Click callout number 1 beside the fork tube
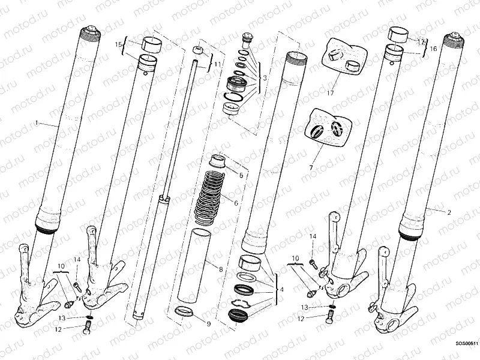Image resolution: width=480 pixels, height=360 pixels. [37, 124]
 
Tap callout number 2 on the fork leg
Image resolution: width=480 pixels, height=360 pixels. [448, 212]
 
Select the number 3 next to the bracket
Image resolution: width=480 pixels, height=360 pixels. [264, 77]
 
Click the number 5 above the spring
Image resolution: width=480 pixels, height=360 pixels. [241, 176]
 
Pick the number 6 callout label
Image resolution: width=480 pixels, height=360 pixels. [236, 203]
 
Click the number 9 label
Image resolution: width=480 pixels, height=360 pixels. [208, 324]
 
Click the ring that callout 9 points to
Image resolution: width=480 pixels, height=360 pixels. [183, 311]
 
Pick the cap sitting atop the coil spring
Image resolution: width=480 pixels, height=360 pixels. [217, 160]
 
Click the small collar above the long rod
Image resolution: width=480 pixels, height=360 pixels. [199, 49]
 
